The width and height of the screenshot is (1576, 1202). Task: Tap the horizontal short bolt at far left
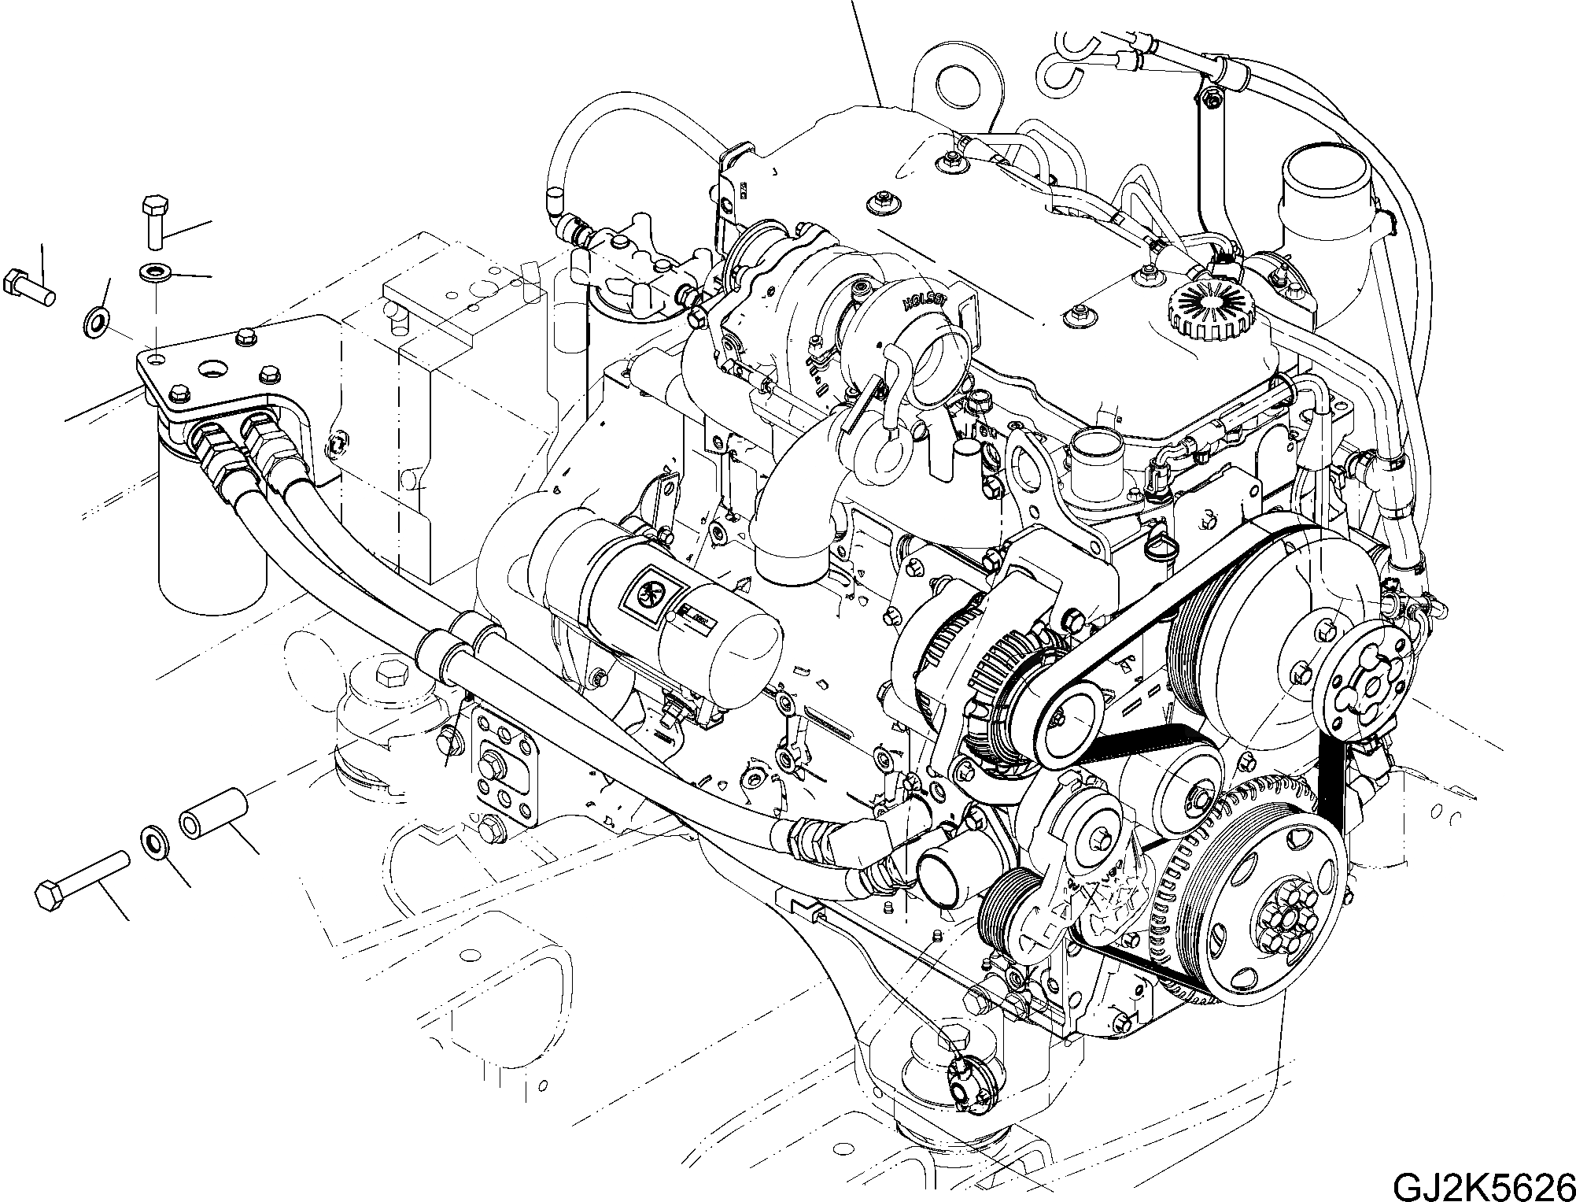pos(29,288)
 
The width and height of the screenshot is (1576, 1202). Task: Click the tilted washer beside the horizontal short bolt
pos(97,321)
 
